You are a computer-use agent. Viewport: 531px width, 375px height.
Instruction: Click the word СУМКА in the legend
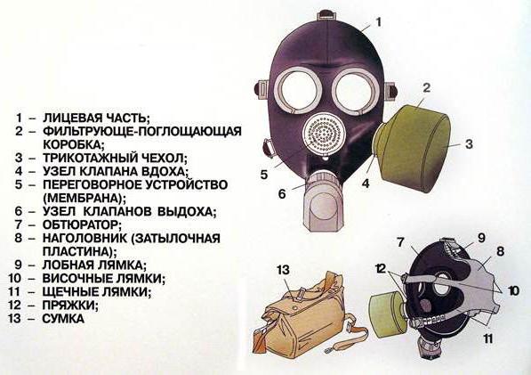[x=63, y=319]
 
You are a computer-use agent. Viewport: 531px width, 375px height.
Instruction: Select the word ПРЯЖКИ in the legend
[x=68, y=306]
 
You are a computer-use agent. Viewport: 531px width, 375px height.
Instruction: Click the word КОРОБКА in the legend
[x=72, y=144]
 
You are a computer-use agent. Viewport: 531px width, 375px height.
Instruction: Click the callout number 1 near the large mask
[x=379, y=22]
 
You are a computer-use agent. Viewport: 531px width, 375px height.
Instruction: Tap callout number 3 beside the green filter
[x=469, y=144]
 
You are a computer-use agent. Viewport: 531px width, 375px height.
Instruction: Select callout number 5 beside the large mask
[x=264, y=175]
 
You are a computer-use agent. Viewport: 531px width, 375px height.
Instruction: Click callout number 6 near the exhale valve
[x=282, y=194]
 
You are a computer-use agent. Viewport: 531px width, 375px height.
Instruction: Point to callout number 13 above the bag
[x=283, y=270]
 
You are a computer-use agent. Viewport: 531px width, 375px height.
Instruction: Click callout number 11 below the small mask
[x=487, y=338]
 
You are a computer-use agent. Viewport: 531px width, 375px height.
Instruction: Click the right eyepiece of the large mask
[x=353, y=92]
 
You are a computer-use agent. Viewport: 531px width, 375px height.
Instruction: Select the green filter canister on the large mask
[x=412, y=148]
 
